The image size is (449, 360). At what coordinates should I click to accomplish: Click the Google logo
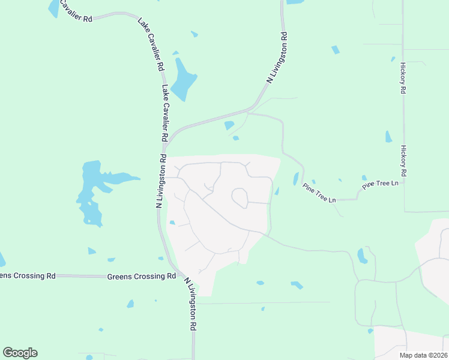[20, 353]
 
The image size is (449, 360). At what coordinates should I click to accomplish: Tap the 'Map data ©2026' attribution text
[423, 355]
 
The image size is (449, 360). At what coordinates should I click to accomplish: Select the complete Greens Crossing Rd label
[142, 277]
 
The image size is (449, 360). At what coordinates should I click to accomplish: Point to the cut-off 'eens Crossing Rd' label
[28, 275]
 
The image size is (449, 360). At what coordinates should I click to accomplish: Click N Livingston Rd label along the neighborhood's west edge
[160, 180]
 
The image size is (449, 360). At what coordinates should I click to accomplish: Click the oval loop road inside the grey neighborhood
[240, 198]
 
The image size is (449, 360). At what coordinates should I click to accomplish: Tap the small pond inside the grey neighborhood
[172, 223]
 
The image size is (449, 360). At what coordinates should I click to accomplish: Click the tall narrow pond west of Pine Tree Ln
[295, 179]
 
